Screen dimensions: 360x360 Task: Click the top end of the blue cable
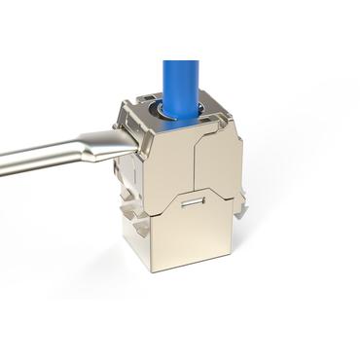tap(181, 63)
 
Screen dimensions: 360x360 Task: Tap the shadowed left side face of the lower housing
tap(131, 238)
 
